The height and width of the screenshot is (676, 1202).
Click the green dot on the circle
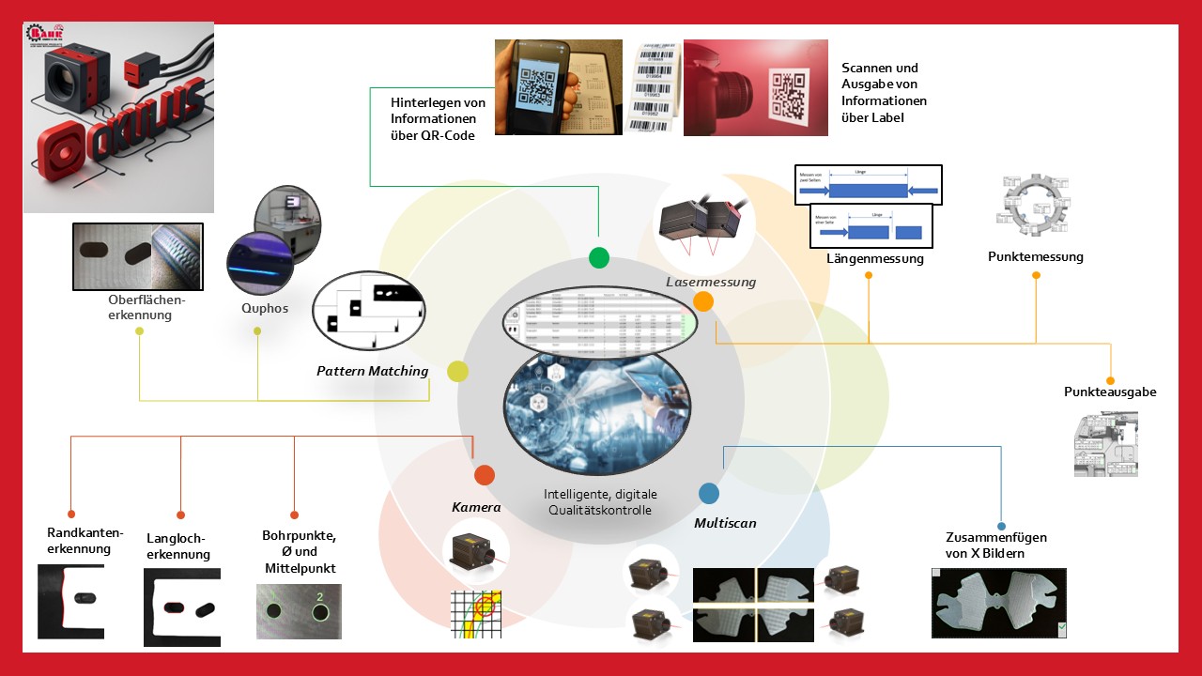point(598,257)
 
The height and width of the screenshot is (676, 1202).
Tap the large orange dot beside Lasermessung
point(703,301)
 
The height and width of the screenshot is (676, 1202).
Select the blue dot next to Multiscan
point(709,493)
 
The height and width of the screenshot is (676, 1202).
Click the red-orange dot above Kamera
point(485,475)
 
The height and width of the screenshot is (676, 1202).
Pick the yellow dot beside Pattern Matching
point(457,371)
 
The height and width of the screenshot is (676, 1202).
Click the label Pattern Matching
point(373,371)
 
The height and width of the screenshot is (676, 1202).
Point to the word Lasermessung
point(711,282)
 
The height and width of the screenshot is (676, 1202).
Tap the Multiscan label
point(725,523)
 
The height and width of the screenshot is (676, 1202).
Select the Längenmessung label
point(875,258)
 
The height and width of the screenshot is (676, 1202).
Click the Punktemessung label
point(1036,256)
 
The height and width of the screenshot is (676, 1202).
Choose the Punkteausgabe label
point(1110,392)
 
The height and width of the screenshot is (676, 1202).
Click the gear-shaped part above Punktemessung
point(1033,202)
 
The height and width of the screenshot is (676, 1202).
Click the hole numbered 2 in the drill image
point(319,612)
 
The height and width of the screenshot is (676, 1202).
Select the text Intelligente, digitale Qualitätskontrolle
point(601,502)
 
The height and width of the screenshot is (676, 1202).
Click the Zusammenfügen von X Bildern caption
point(996,545)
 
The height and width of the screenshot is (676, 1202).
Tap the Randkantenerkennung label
point(79,541)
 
